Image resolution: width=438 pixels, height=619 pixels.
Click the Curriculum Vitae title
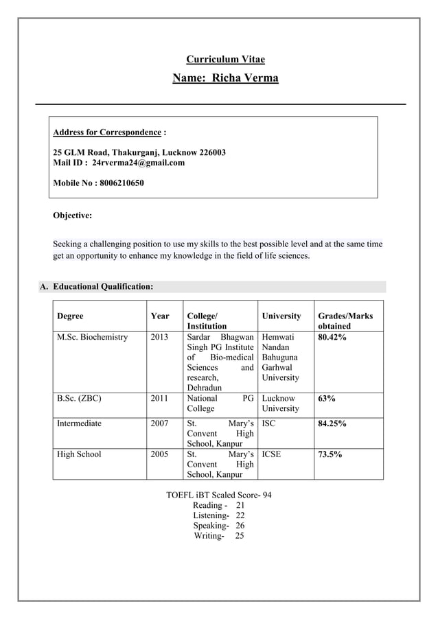point(225,60)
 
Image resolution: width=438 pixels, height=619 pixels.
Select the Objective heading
point(73,215)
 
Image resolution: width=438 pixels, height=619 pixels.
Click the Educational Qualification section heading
point(103,286)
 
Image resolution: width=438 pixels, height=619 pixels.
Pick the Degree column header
point(70,316)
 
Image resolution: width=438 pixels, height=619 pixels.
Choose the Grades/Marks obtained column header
point(345,321)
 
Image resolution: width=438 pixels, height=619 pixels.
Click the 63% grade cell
point(325,398)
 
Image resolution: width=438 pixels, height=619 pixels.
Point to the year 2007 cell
point(159,423)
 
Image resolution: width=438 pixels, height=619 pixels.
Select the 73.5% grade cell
point(329,454)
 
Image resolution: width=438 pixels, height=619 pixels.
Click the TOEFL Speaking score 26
point(240,525)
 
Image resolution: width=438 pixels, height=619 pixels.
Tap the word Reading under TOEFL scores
point(208,504)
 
